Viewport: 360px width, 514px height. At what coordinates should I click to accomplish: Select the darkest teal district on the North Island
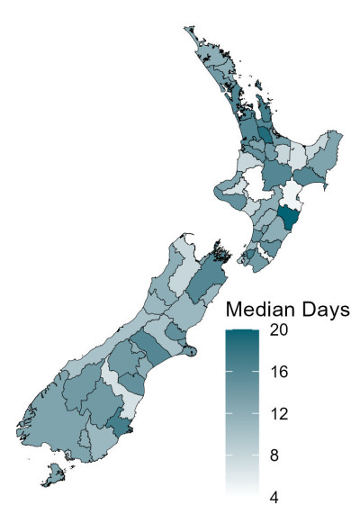click(289, 219)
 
